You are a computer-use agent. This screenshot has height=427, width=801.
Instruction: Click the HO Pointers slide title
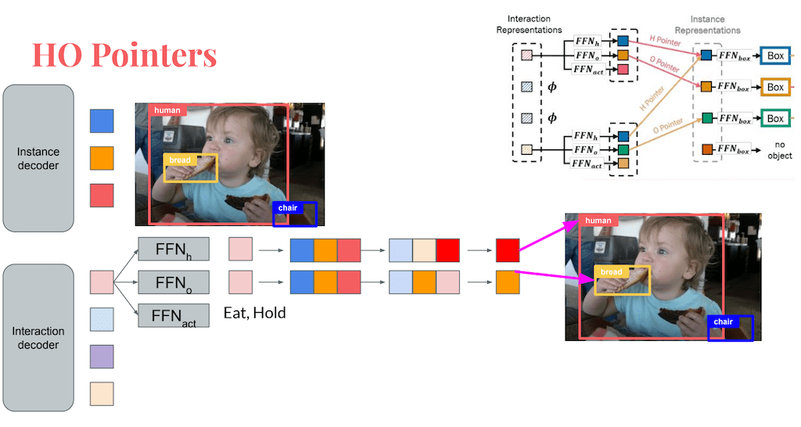(124, 56)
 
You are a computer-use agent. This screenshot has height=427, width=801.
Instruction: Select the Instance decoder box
(38, 158)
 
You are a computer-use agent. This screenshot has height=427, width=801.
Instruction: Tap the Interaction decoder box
(38, 337)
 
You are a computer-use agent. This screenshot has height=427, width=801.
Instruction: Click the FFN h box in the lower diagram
(174, 249)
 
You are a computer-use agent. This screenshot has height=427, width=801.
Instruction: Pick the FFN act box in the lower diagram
(174, 315)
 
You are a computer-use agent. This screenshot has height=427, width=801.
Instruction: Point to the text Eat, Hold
(254, 313)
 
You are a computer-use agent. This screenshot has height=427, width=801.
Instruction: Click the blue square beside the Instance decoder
(102, 120)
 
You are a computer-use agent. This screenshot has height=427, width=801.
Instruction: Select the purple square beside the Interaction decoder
(102, 357)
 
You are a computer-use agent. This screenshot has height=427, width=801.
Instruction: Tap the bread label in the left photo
(180, 160)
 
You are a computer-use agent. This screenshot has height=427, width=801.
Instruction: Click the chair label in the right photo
(723, 321)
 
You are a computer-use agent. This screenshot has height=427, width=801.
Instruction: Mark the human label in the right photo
(598, 221)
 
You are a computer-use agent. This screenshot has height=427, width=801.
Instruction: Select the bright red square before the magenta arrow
(508, 250)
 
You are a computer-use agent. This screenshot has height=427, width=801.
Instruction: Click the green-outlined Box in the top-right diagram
(774, 119)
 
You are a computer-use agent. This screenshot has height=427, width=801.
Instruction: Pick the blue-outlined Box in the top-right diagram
(774, 56)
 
